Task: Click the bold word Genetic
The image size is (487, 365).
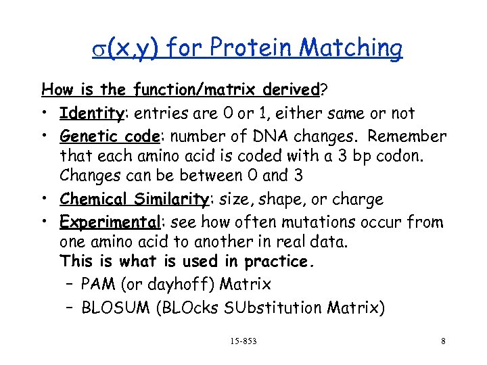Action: (x=85, y=136)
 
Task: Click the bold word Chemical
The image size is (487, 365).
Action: (x=93, y=199)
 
